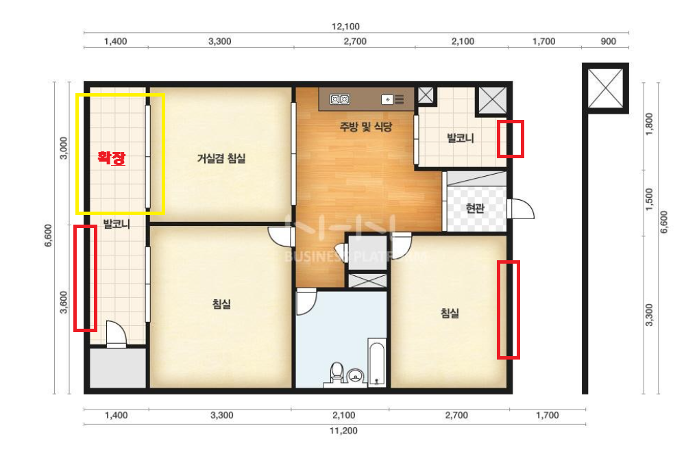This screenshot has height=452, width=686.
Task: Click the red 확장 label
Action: coord(112,158)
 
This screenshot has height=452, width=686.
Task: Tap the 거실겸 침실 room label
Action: coord(221,158)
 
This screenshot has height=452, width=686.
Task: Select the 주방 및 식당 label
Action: coord(366,127)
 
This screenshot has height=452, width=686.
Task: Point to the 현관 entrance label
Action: coord(475,208)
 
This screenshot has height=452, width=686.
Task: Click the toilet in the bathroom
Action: coord(336,372)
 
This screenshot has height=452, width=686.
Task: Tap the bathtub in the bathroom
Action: coord(377,362)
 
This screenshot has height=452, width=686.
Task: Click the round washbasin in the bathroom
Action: coord(356,375)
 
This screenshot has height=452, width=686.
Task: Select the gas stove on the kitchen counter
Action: coord(340,100)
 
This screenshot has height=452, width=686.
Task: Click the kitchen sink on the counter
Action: coord(393,100)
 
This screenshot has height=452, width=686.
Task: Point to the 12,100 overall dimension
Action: coord(345,27)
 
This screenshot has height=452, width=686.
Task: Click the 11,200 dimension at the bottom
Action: coord(343,431)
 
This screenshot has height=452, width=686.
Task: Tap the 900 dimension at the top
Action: coord(608,42)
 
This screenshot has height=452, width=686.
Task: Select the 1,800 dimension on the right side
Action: coord(649,124)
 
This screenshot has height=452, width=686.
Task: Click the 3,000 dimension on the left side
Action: coord(64,148)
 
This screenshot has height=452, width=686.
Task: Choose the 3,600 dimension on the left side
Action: coord(64,302)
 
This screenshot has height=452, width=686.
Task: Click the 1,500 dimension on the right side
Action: coord(649,199)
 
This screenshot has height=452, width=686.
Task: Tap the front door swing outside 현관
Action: coord(522,209)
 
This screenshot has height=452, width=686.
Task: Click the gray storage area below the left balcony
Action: coord(118,368)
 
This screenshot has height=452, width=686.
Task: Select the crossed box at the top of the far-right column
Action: coord(605,88)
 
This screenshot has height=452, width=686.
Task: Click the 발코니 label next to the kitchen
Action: coord(460,138)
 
